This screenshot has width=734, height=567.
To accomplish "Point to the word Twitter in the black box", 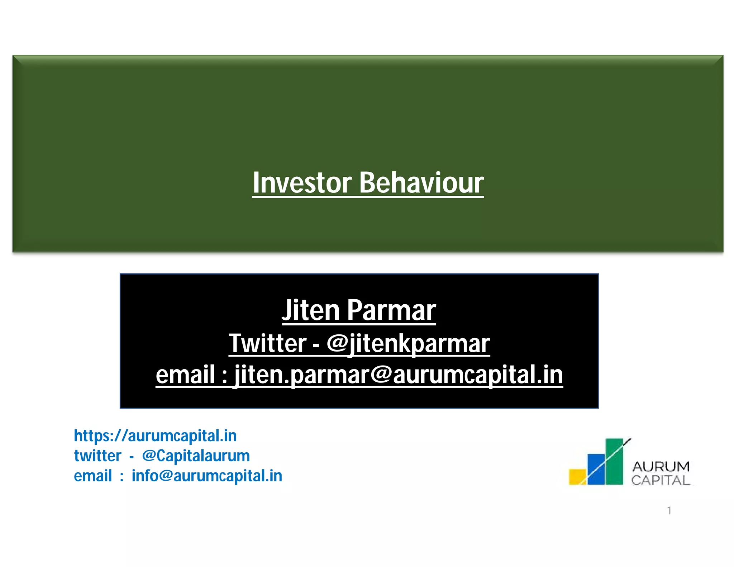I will [x=268, y=343].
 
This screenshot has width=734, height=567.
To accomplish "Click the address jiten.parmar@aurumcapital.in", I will [x=398, y=375].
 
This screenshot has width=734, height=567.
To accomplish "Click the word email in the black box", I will [x=185, y=375].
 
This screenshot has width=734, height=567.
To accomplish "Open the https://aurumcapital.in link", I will [x=155, y=436].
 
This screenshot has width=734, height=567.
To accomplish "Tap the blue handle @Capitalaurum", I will [x=196, y=456].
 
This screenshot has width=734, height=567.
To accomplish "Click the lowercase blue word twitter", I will [x=97, y=456].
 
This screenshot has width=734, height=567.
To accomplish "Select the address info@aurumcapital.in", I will [x=207, y=476].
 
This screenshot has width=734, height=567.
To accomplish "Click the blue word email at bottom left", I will [x=93, y=476].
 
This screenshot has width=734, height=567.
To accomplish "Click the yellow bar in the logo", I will [x=577, y=477].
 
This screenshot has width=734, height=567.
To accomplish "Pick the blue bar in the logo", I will [x=596, y=470].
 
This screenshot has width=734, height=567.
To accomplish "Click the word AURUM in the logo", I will [x=661, y=467].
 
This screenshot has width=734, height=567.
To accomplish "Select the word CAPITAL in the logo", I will [x=661, y=480].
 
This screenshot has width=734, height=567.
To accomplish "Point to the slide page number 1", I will [x=669, y=510].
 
